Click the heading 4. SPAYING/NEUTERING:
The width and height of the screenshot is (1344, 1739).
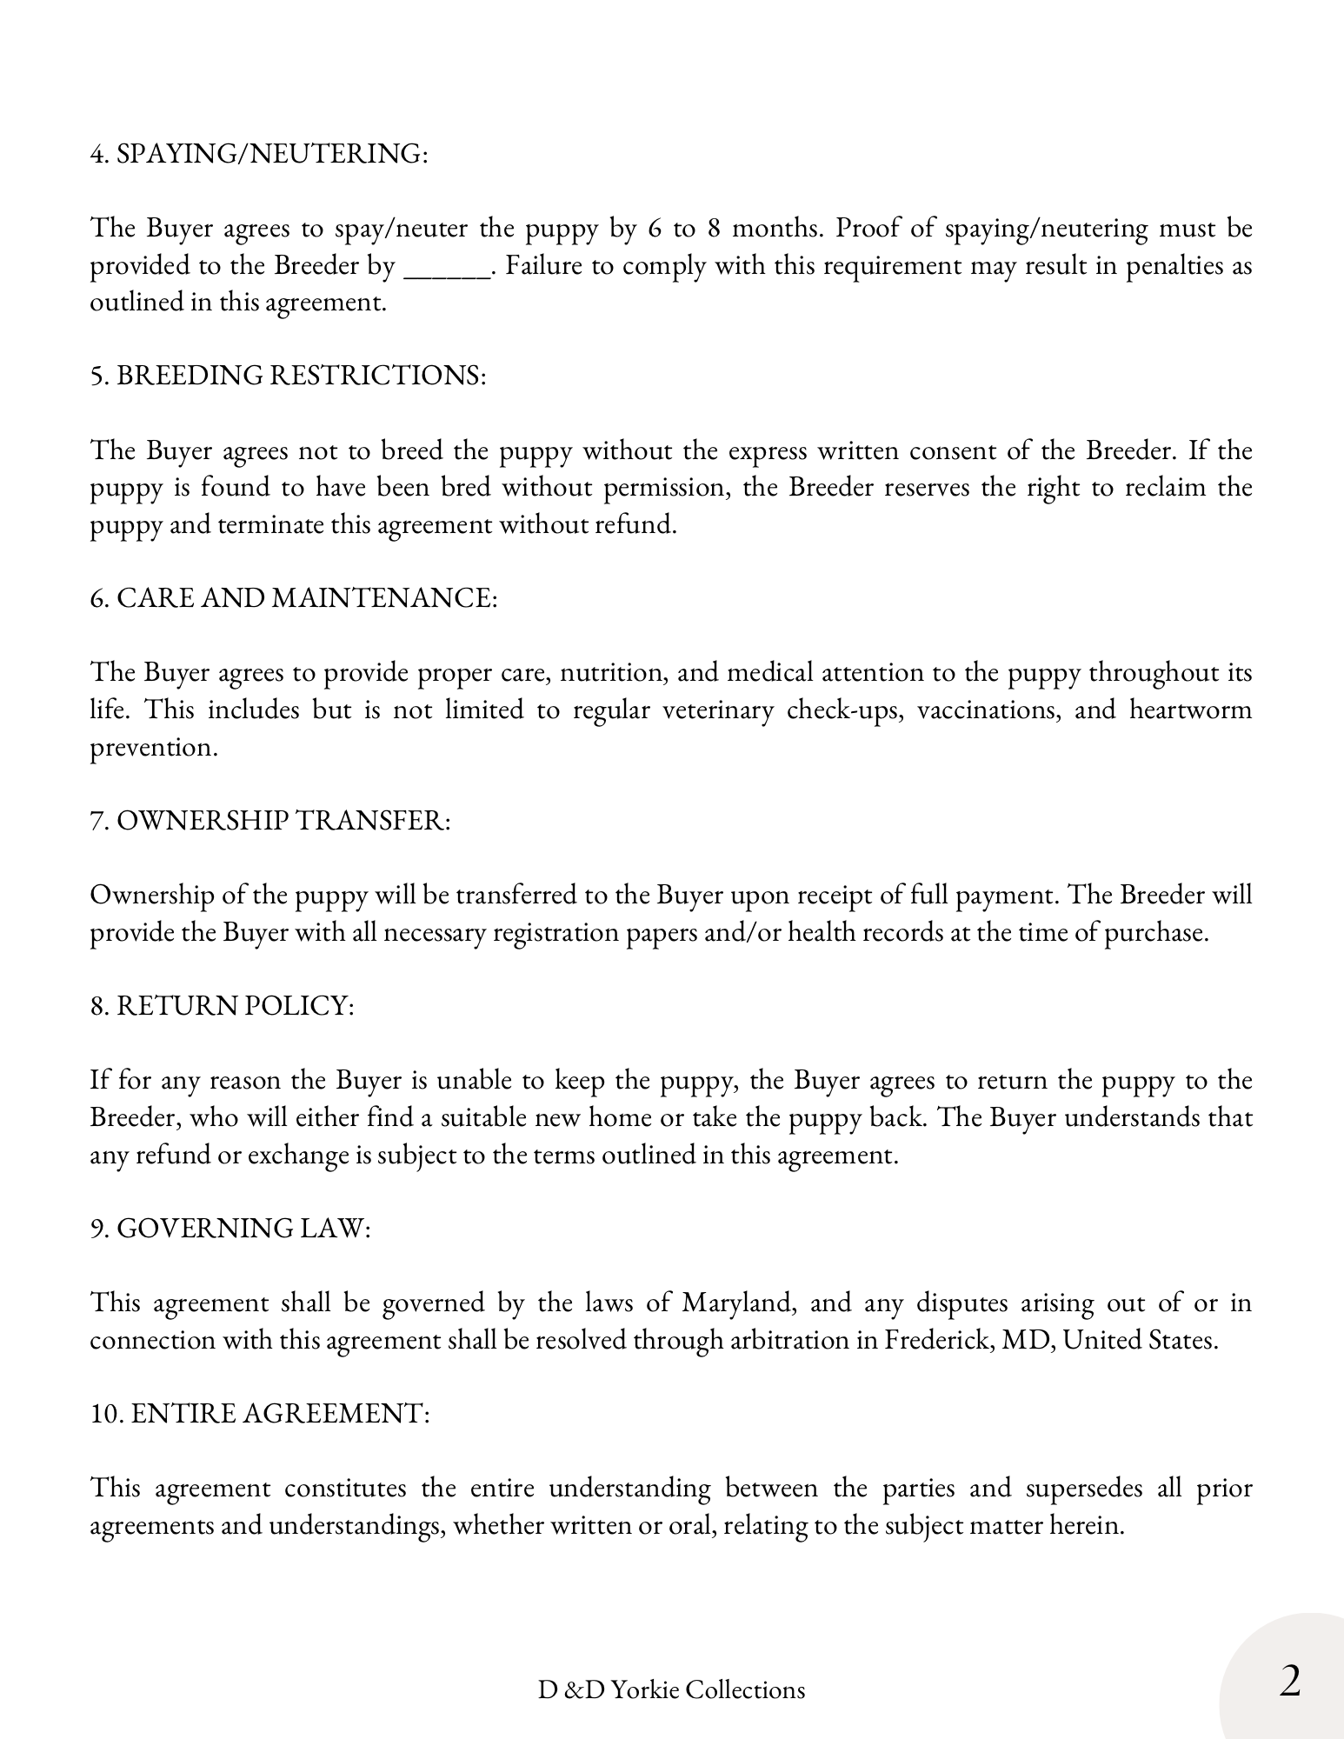259,154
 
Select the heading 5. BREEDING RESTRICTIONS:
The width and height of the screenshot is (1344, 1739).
288,376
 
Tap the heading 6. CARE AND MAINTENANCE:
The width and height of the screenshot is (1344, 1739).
294,598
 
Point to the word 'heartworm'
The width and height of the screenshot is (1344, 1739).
1190,710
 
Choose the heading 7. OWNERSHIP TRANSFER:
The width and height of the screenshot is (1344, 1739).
270,821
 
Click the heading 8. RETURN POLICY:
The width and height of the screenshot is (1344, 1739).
223,1006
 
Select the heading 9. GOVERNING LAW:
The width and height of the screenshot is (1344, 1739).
230,1229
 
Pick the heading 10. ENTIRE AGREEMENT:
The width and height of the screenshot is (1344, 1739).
260,1414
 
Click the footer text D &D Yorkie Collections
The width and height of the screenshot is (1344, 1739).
671,1689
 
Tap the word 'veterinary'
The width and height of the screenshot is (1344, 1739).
717,710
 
